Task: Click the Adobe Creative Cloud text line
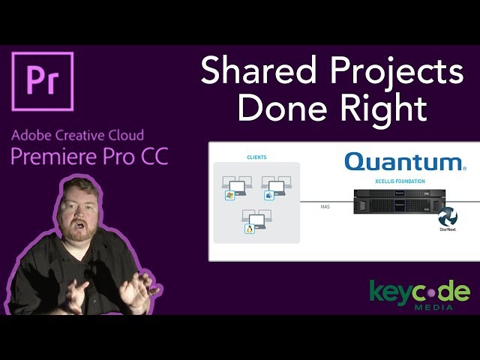78,136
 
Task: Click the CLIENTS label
256,157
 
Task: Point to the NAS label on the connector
325,205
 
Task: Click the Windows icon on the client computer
229,195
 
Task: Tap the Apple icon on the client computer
268,195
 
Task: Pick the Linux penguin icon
249,229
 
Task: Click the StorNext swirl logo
448,217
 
